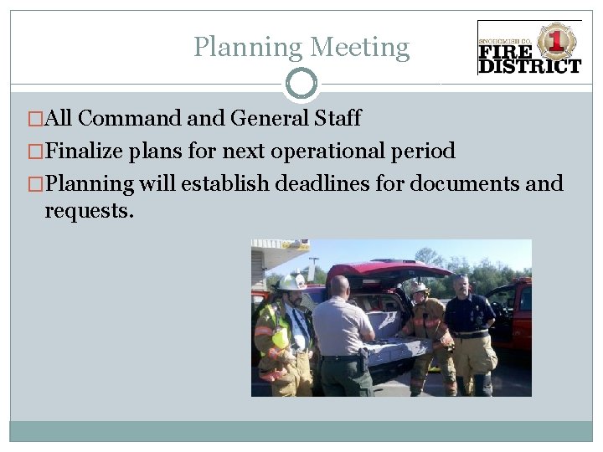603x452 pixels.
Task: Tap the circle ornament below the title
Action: pos(301,84)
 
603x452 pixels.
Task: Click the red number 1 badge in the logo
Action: pos(555,40)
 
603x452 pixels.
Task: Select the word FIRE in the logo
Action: pos(506,52)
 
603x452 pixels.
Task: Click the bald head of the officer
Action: pos(339,286)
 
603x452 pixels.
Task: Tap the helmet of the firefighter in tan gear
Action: pos(417,287)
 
